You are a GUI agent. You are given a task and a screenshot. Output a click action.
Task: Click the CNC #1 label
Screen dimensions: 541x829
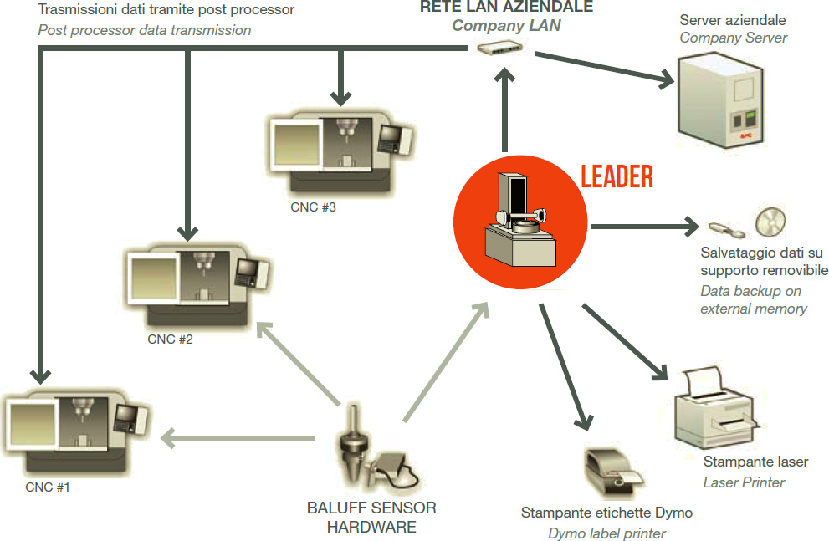click(47, 487)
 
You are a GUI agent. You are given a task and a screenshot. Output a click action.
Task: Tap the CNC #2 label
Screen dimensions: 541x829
click(171, 339)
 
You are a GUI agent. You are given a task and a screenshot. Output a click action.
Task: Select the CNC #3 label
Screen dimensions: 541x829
click(313, 207)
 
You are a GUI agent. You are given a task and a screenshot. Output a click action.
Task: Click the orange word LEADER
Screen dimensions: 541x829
click(617, 177)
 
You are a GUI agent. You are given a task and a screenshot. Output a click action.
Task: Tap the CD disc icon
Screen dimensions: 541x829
click(770, 222)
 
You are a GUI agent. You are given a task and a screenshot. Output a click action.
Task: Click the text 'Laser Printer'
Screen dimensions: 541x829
click(744, 482)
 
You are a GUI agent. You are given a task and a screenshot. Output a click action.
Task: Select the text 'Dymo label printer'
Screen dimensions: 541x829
click(606, 533)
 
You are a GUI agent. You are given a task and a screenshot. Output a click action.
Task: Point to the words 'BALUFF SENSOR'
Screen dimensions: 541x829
click(371, 508)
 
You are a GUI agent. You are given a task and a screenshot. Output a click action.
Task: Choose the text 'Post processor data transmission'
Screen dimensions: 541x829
click(144, 30)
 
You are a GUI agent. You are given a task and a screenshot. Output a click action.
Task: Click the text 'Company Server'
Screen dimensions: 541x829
click(733, 38)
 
